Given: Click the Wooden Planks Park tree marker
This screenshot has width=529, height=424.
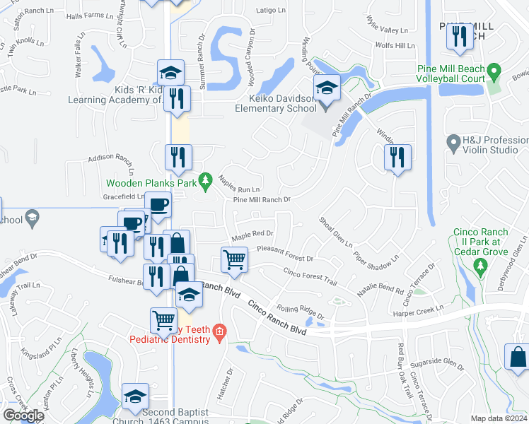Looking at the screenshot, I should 206,182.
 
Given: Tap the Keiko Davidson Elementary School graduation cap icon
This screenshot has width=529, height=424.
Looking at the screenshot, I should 326,88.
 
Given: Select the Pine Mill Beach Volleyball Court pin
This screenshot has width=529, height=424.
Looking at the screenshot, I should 494,72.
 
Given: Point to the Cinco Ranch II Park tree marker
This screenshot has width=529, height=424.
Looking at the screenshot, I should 481,265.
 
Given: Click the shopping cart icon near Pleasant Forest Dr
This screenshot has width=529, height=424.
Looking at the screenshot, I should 234,259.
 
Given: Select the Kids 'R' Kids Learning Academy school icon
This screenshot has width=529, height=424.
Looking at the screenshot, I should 170,73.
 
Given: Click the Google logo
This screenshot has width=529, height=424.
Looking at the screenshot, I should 23,415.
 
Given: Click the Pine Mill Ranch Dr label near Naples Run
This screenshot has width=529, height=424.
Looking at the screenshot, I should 262,200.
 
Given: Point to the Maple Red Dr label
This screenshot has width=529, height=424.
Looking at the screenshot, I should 252,234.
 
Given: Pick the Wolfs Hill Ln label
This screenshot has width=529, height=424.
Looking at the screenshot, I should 395,46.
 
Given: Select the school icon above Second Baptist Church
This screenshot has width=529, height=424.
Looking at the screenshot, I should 135,397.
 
